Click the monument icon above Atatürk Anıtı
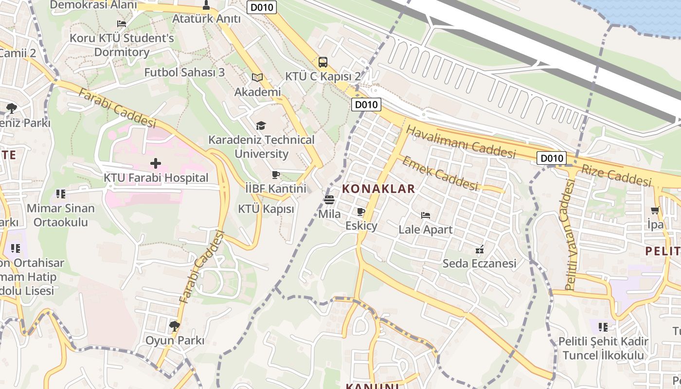coord(206,5)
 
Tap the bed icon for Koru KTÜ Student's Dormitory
coord(122,23)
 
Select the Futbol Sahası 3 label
coord(184,72)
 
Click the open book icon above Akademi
coord(257,77)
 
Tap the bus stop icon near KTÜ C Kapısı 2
coord(323,62)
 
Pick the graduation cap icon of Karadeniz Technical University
coord(261,126)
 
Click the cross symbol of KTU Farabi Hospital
coord(156,163)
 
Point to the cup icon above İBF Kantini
coord(275,175)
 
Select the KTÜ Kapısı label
coord(266,209)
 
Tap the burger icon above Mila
coord(329,199)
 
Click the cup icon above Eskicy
coord(360,212)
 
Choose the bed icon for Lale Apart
coord(426,215)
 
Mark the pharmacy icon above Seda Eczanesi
coord(480,249)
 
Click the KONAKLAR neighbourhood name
coord(379,189)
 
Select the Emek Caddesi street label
coord(440,173)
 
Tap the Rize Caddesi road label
coord(616,175)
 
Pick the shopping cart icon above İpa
coord(655,211)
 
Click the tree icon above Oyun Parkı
coord(175,326)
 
